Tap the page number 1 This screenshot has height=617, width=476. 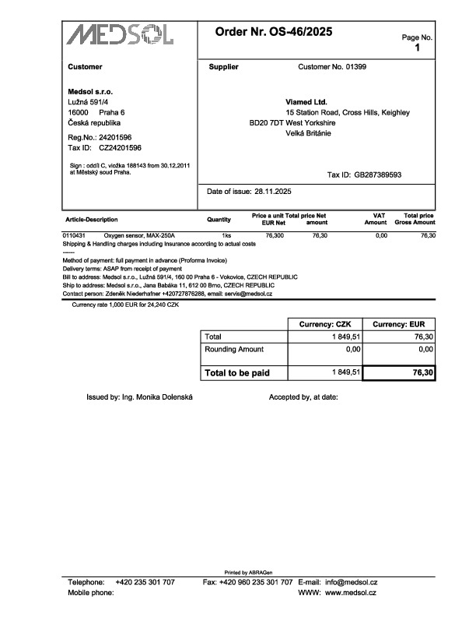click(417, 48)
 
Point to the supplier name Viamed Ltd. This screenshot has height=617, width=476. click(306, 102)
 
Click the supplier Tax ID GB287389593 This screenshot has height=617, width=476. click(378, 175)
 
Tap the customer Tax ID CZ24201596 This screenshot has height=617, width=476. click(120, 147)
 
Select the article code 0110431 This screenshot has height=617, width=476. click(74, 234)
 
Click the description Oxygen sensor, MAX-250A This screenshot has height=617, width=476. click(140, 234)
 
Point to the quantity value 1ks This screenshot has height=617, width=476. click(226, 234)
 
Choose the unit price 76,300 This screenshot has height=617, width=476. click(275, 234)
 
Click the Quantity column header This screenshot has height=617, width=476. click(219, 220)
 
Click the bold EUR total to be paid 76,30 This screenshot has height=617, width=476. click(422, 374)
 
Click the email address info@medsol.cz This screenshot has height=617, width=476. click(352, 582)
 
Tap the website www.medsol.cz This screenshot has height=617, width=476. click(351, 593)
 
